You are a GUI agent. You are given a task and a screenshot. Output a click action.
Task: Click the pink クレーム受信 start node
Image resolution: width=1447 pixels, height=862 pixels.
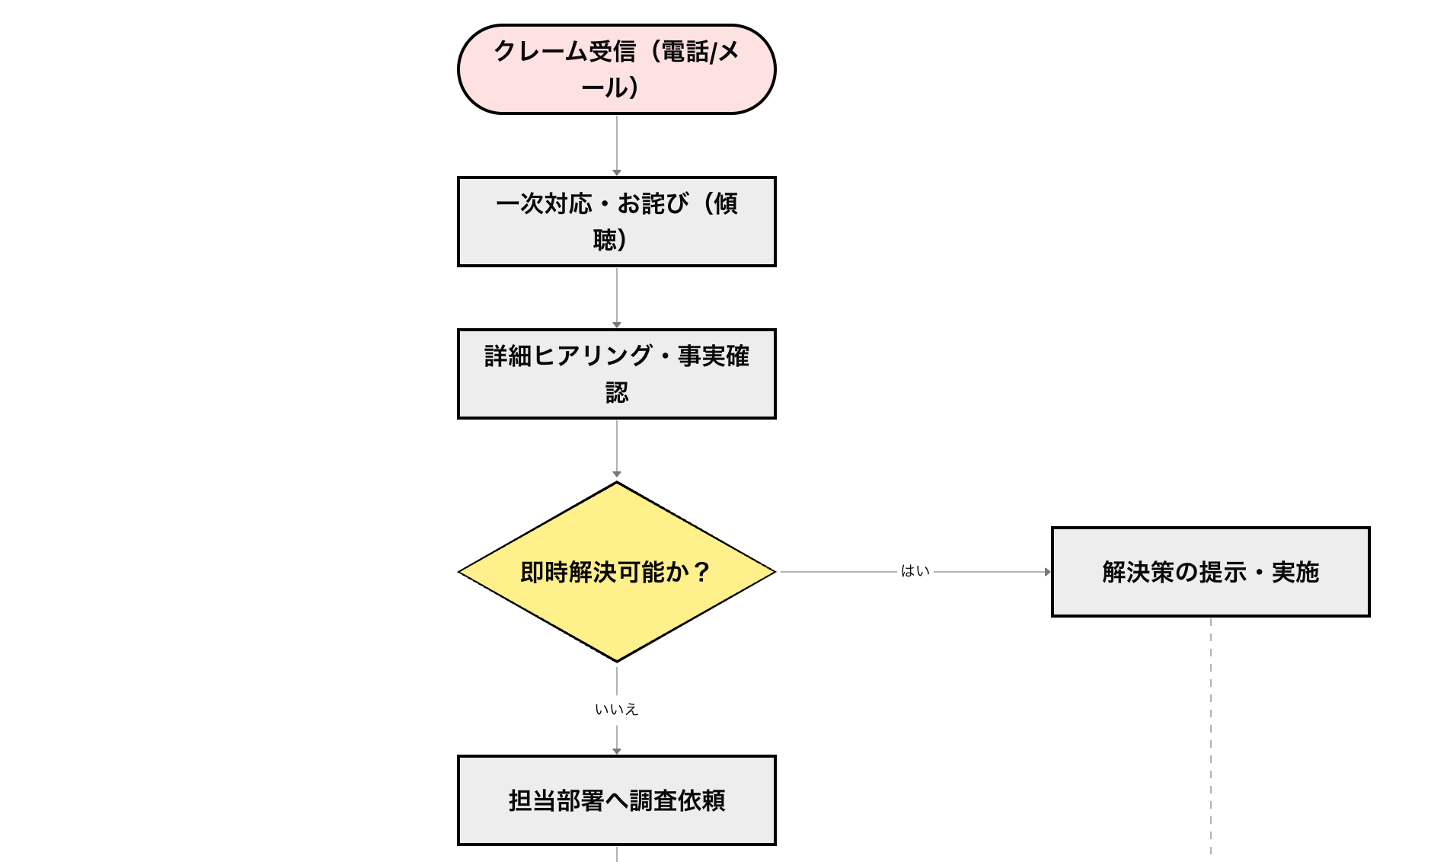click(x=616, y=69)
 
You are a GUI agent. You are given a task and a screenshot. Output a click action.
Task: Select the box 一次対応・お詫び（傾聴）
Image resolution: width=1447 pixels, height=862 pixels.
click(x=616, y=222)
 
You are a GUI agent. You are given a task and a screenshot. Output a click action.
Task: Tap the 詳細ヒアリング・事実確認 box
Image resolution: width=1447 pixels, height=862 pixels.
click(x=616, y=374)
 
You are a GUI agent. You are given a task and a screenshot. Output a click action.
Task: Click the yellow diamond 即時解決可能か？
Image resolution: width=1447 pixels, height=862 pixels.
click(x=616, y=572)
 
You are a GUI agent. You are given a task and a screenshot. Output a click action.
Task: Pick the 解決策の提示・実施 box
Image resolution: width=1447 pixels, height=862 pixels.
click(x=1210, y=572)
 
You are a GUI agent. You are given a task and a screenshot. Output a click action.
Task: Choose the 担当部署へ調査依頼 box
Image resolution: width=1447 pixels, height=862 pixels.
click(x=616, y=800)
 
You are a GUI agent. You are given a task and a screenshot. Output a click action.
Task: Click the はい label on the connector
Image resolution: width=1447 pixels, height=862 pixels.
click(x=915, y=571)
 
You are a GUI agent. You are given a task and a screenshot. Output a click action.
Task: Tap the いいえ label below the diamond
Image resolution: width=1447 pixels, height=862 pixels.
click(x=616, y=710)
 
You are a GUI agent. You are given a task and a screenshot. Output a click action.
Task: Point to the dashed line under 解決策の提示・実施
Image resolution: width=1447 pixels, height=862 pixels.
click(x=1211, y=731)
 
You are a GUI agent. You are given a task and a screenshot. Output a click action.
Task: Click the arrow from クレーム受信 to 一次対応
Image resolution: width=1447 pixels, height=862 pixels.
click(x=617, y=145)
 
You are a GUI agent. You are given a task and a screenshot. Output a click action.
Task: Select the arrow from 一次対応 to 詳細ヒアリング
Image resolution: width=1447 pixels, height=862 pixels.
click(x=617, y=297)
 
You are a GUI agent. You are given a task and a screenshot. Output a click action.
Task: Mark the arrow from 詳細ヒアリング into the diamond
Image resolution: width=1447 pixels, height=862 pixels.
click(x=617, y=449)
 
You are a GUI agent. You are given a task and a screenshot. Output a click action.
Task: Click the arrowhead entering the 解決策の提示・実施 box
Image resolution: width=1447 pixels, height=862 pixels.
click(x=1047, y=572)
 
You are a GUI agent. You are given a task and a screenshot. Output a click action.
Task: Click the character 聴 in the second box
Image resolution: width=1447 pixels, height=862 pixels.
click(x=605, y=240)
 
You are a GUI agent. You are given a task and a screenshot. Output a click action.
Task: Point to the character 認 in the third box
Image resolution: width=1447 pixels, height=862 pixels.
click(x=617, y=392)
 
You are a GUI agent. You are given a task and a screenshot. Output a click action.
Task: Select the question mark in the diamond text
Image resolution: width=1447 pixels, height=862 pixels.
click(x=702, y=572)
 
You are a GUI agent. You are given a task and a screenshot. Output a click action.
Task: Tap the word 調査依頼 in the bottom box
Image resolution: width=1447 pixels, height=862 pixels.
click(x=677, y=800)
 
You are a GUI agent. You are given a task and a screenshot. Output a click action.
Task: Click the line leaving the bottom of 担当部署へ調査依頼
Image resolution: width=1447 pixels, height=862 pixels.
click(x=617, y=854)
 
